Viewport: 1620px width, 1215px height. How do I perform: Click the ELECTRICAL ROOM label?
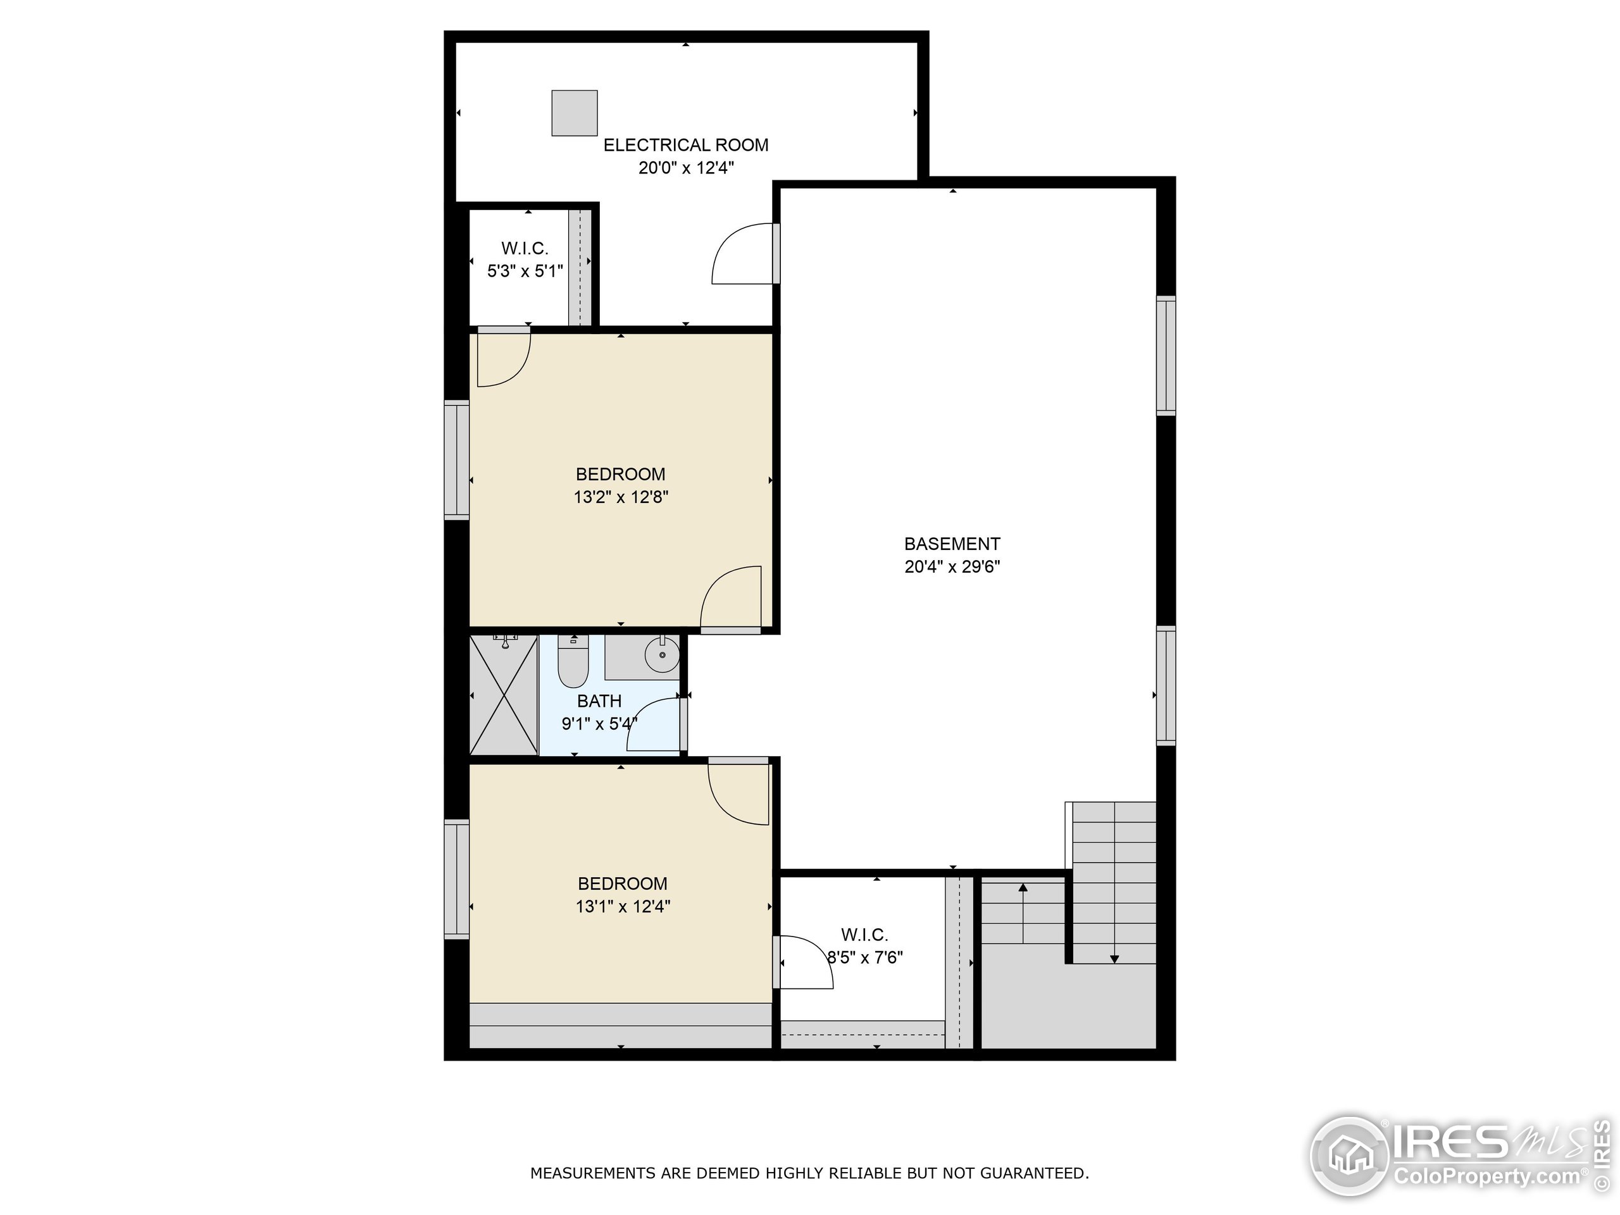(685, 145)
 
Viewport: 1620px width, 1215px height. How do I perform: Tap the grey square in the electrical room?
(574, 113)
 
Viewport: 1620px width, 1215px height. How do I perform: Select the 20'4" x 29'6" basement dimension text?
(952, 567)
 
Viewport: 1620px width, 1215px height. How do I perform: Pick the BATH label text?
(599, 701)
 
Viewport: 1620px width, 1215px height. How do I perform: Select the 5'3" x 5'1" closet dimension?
(525, 271)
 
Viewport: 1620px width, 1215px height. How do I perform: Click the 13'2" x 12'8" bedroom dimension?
(620, 497)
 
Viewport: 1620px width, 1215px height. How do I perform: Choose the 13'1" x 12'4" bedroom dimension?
(623, 907)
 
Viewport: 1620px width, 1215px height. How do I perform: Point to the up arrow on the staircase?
(1023, 888)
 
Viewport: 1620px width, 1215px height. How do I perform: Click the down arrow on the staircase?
(1114, 958)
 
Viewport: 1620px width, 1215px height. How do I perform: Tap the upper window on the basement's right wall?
(1166, 356)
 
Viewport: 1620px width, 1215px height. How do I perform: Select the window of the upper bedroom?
(456, 460)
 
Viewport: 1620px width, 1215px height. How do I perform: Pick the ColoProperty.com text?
(1486, 1177)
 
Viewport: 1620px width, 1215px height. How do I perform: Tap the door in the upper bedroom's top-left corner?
(502, 357)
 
